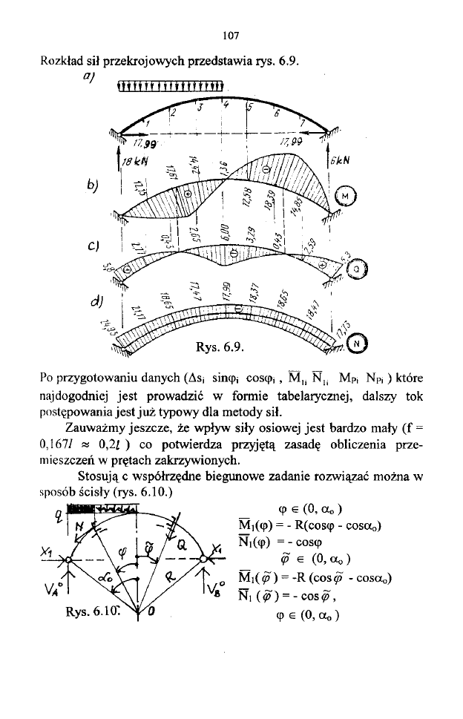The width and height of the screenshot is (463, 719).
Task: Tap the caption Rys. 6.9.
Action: click(x=219, y=347)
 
